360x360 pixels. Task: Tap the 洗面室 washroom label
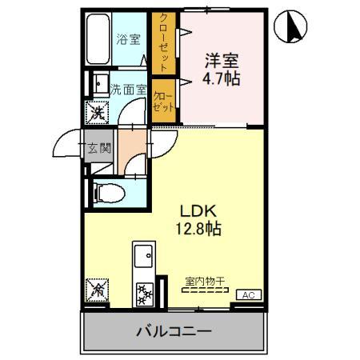tap(128, 90)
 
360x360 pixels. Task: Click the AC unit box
tap(249, 295)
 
